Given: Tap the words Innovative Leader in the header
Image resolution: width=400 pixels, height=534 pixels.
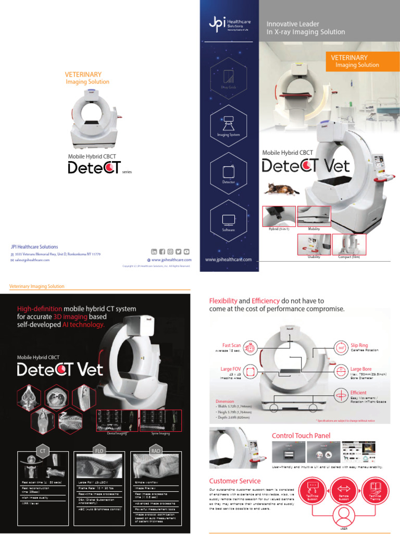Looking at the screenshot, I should tap(293, 24).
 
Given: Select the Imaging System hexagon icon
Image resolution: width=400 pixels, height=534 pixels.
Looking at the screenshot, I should tap(229, 124).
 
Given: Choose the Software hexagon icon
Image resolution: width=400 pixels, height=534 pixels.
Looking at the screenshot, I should tap(229, 220).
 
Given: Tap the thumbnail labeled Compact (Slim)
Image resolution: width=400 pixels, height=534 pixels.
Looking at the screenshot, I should tap(348, 244).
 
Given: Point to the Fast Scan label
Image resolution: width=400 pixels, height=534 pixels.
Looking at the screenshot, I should tap(231, 345).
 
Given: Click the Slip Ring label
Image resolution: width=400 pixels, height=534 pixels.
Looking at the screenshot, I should tap(359, 345).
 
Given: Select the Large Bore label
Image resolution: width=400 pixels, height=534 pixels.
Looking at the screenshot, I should tap(360, 369).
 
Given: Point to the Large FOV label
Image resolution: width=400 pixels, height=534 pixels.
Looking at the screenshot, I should tap(231, 369).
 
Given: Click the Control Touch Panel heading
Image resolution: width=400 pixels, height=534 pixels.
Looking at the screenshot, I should tap(301, 435).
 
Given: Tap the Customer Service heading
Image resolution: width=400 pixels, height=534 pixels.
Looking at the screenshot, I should tap(235, 480).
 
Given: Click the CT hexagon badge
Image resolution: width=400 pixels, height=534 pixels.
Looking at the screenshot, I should tap(42, 450).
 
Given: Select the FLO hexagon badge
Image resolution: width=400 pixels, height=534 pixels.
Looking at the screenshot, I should tap(99, 450).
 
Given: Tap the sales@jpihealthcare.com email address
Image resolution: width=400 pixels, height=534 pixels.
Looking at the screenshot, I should tap(32, 260).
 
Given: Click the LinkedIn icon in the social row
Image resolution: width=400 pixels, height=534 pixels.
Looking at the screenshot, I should tap(154, 252).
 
